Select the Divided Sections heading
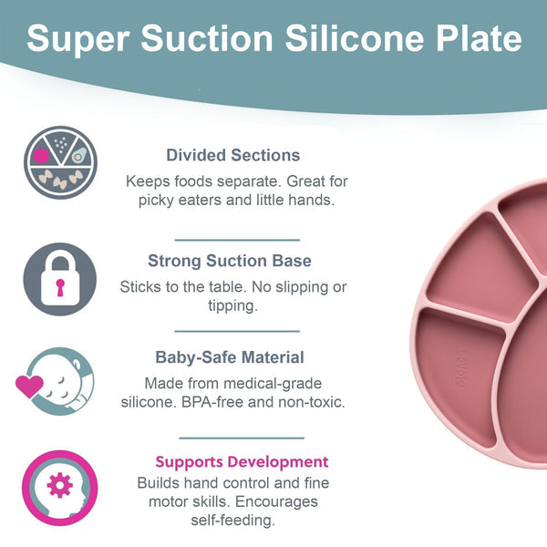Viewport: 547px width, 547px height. tap(233, 155)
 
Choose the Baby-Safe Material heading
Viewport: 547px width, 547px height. tap(230, 357)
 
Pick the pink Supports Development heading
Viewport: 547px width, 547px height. tap(242, 461)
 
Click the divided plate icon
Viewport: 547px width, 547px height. tap(59, 163)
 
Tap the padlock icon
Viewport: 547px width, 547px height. tap(59, 279)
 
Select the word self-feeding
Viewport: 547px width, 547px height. tap(235, 521)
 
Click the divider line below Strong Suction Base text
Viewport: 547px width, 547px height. tap(236, 331)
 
